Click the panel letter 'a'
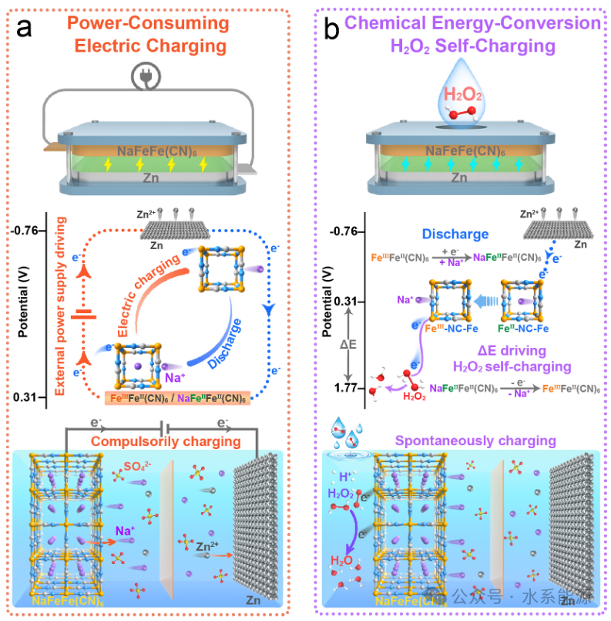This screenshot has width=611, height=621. click(x=25, y=30)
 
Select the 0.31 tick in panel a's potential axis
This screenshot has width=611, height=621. click(x=27, y=397)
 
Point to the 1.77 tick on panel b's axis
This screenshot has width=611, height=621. click(x=338, y=387)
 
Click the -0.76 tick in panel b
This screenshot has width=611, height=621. click(x=338, y=231)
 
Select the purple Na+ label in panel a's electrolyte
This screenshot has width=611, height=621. click(x=127, y=531)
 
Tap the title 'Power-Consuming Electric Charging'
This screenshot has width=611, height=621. click(x=159, y=35)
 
